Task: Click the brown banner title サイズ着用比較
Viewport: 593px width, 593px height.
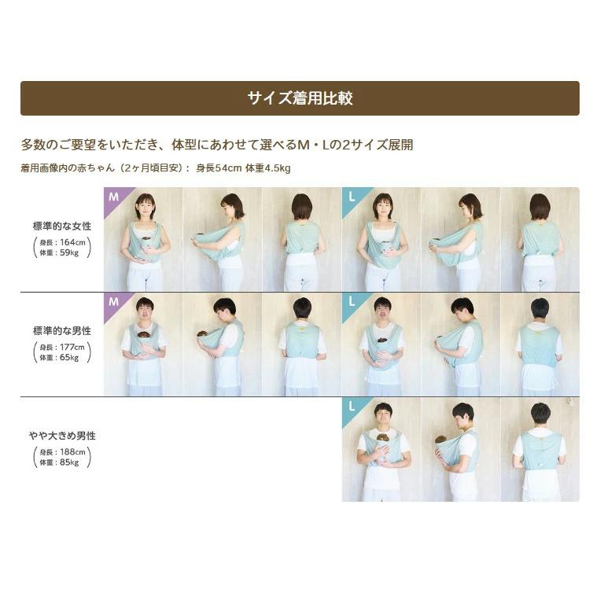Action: (300, 98)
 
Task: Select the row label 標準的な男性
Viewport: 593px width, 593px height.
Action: (61, 331)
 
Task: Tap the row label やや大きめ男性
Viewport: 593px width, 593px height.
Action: (62, 436)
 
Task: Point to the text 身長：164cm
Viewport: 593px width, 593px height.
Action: (62, 242)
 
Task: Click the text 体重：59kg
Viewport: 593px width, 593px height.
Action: (59, 252)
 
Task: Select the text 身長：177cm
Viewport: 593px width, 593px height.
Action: (62, 347)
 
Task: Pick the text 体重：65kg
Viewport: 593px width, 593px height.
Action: (59, 357)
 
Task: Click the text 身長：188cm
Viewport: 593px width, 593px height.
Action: (62, 451)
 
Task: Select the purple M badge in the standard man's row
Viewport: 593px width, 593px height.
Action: (114, 302)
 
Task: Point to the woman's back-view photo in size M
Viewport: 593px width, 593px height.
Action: (302, 239)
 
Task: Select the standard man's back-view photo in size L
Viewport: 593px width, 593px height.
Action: (540, 344)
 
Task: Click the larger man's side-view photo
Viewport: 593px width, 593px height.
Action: (461, 450)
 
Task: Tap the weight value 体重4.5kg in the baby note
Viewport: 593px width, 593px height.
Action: (268, 168)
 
